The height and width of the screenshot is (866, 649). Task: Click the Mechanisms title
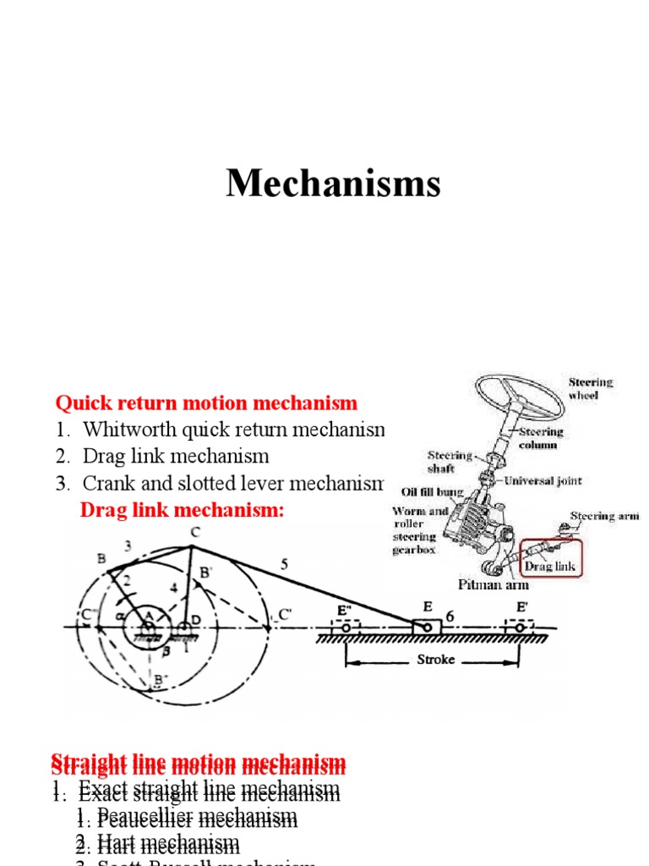[x=333, y=183]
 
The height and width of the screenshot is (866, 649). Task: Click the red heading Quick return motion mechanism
[x=206, y=403]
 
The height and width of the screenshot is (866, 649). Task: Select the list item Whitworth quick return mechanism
[x=232, y=430]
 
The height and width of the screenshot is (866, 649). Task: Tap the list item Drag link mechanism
[x=175, y=457]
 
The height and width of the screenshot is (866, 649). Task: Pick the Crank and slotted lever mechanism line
[x=232, y=484]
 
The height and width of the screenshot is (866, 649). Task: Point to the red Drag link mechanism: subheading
[x=183, y=511]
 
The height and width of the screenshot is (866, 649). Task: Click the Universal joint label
[x=544, y=480]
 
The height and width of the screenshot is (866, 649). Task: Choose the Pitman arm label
[x=494, y=584]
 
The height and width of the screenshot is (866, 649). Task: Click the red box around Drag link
[x=550, y=557]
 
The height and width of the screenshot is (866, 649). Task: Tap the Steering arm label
[x=604, y=516]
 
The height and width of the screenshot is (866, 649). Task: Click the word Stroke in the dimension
[x=435, y=659]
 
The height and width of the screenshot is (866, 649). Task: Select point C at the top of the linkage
[x=194, y=532]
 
